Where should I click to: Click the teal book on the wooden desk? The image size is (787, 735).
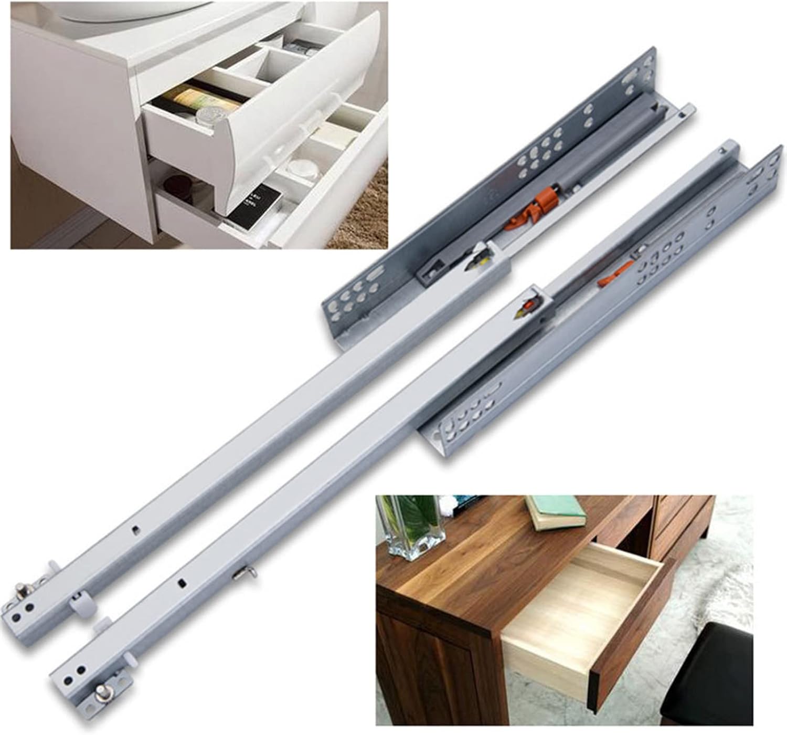[557, 511]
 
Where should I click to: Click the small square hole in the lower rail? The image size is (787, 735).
[182, 583]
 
